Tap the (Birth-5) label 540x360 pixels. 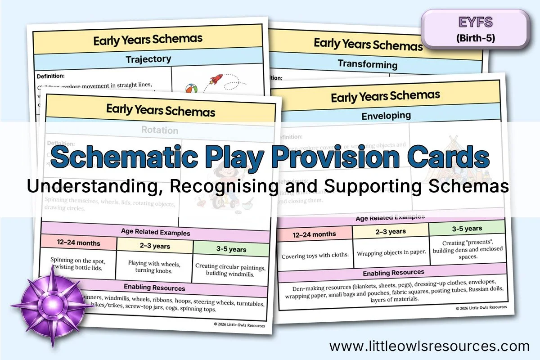(x=475, y=38)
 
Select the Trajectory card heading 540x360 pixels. (x=148, y=59)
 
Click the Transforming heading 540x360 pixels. (x=368, y=64)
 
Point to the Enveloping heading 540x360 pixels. (x=386, y=116)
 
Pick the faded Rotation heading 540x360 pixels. (x=160, y=130)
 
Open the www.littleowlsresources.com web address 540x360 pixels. (x=429, y=346)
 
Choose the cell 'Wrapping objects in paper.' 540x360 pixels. (x=391, y=252)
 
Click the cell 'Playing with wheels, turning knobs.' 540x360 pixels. (x=154, y=266)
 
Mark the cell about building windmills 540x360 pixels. (x=230, y=269)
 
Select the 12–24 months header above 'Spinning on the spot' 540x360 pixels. (x=79, y=243)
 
